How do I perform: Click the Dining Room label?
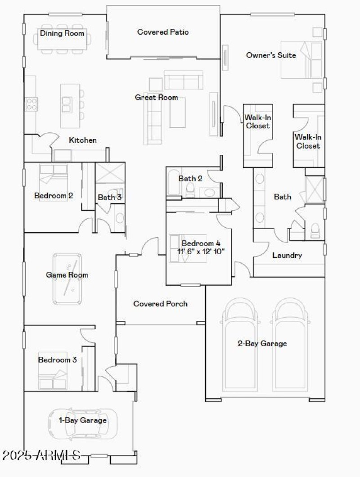tap(62, 33)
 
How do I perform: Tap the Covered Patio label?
tap(163, 32)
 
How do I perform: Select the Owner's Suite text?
tap(271, 55)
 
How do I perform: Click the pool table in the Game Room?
tap(67, 279)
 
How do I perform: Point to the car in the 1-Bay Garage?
tap(83, 423)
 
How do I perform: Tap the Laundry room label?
tap(287, 256)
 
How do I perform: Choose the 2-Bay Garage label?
tap(262, 344)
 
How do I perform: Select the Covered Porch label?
tap(160, 304)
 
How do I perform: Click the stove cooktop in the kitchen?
tap(31, 104)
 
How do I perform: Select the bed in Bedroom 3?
tap(53, 371)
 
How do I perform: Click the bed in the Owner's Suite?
tap(301, 59)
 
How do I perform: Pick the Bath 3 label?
tap(110, 197)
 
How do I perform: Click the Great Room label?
tap(157, 97)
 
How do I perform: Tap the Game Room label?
tap(67, 275)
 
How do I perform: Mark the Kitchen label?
tap(83, 140)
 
